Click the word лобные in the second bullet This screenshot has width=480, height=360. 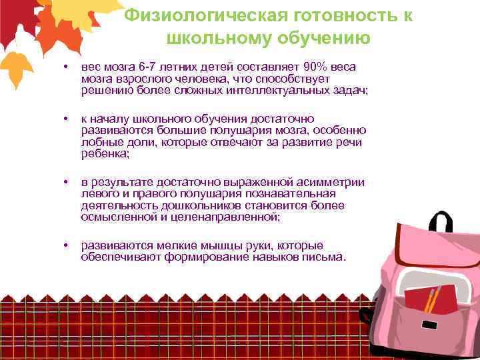pyautogui.click(x=99, y=142)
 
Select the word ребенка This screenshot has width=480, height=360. pyautogui.click(x=104, y=153)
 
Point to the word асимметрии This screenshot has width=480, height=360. pyautogui.click(x=331, y=182)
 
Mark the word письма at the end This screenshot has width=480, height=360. pyautogui.click(x=323, y=257)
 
